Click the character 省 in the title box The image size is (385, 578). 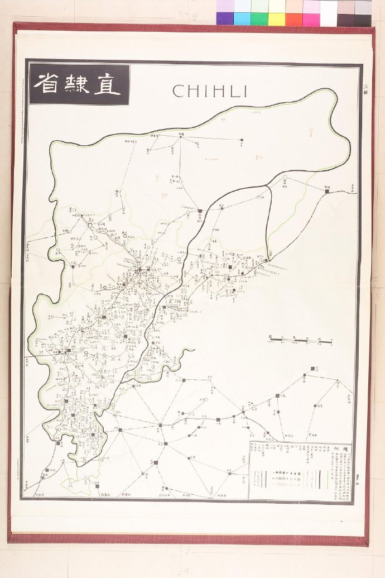click(47, 84)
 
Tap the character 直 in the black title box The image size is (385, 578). click(108, 84)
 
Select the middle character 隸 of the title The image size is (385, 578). click(76, 84)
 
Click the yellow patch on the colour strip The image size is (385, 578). click(277, 19)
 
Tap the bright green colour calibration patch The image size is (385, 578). click(259, 19)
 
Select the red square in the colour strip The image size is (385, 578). click(294, 19)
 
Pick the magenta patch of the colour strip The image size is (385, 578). click(311, 19)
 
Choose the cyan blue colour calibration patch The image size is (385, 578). click(242, 19)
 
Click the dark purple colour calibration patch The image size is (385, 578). click(225, 19)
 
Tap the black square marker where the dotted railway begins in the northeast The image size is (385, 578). click(327, 192)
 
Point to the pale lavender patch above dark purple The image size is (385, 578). click(225, 6)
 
